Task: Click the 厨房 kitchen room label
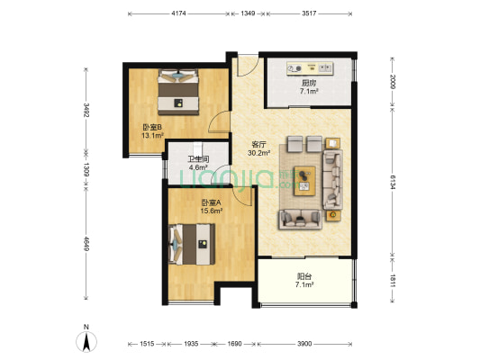coord(307,85)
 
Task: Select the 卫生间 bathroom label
coord(197,163)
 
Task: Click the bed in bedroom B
coord(177,89)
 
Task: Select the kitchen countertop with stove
coord(308,68)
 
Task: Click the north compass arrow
coord(85,341)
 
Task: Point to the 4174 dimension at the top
coord(178,13)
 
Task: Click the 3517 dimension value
coord(309,13)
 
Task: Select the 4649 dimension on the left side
coord(86,245)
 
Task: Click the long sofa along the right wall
coord(334,177)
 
